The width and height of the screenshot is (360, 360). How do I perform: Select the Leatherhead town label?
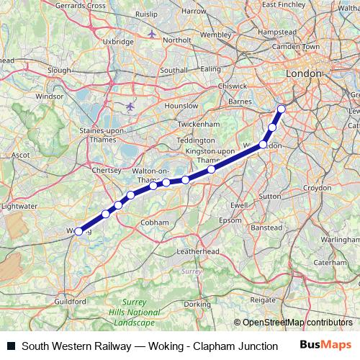[197, 252]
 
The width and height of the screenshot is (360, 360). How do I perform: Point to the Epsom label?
[230, 219]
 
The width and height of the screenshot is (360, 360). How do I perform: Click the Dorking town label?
[196, 305]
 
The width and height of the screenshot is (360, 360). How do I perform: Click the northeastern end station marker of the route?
[282, 109]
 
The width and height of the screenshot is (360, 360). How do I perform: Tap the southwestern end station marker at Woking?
[78, 231]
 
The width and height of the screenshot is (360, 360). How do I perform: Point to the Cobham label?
[155, 222]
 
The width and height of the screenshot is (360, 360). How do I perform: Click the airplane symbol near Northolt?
[152, 33]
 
